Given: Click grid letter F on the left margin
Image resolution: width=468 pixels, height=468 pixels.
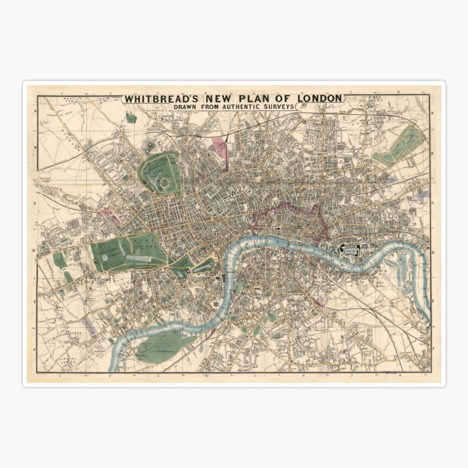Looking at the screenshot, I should click(x=34, y=350).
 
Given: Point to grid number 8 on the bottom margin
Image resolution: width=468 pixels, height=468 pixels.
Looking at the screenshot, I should click(x=400, y=376).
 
